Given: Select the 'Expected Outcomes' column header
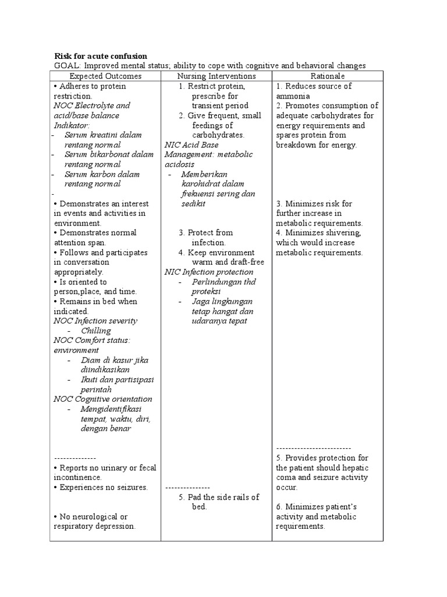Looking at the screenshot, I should [105, 76].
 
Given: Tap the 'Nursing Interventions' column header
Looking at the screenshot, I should [216, 76].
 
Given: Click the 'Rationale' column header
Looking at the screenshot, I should [327, 76].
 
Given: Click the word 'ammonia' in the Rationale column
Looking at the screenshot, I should [293, 96].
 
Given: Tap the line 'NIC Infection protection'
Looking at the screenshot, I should [209, 272].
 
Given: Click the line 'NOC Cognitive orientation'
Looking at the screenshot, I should [103, 399].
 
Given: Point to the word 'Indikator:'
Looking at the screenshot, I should [72, 125].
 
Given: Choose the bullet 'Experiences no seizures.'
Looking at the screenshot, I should [101, 487].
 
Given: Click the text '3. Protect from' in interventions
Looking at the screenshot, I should [205, 233].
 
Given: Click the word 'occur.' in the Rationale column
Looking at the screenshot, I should [287, 487].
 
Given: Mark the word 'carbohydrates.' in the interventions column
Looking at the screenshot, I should [218, 135].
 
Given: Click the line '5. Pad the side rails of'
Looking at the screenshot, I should [219, 497].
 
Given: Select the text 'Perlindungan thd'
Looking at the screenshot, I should [216, 282].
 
